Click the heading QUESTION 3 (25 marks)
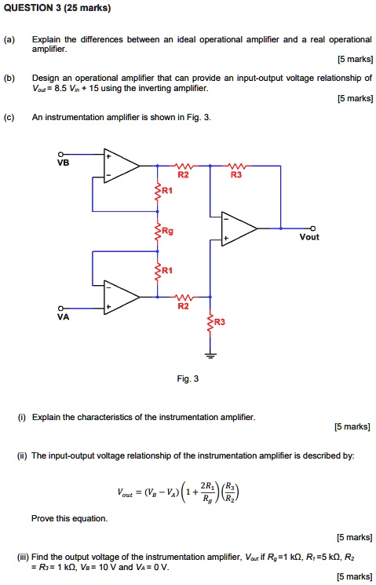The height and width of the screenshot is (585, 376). point(56,9)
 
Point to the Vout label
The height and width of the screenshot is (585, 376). point(309,236)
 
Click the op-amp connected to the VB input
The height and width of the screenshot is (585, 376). point(118,166)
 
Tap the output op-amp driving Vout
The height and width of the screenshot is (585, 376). point(236,228)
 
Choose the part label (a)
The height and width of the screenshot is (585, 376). point(9,38)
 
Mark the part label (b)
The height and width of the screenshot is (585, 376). point(9,79)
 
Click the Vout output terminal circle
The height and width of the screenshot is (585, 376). point(313,228)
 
